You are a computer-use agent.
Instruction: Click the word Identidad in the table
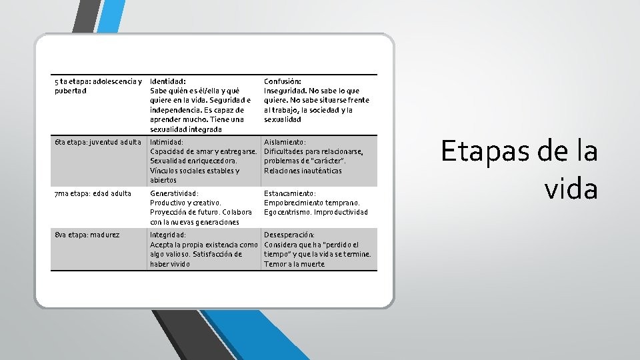tap(167, 81)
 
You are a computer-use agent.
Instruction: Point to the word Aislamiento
tap(285, 142)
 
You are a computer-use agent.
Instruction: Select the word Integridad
tap(168, 235)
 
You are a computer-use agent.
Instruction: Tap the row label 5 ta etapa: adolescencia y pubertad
tap(98, 85)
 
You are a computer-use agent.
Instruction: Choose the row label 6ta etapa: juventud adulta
tap(97, 142)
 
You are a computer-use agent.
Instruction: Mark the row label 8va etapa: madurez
tap(87, 235)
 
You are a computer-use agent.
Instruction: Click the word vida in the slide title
tap(571, 189)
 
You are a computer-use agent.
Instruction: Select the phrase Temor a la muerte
tap(294, 264)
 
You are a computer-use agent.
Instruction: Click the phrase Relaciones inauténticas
tap(303, 171)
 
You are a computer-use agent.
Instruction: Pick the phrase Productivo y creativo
tap(185, 203)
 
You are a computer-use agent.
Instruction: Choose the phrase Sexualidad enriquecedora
tap(193, 161)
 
